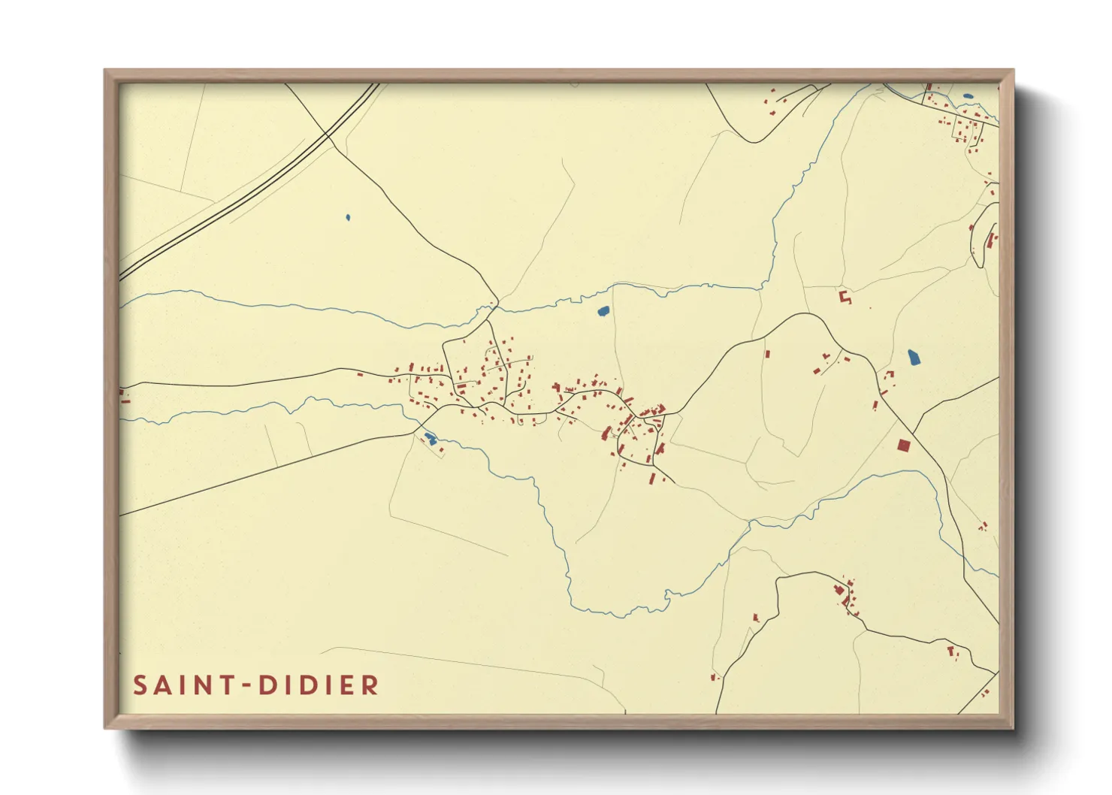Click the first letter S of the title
point(140,685)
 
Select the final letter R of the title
point(370,685)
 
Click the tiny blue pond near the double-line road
point(348,218)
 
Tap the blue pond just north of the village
point(603,310)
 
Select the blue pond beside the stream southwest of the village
point(430,438)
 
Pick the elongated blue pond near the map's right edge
point(914,357)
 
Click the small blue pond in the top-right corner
point(967,97)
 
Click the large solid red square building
point(904,446)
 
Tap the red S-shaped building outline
point(845,297)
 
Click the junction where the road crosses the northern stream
point(494,306)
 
